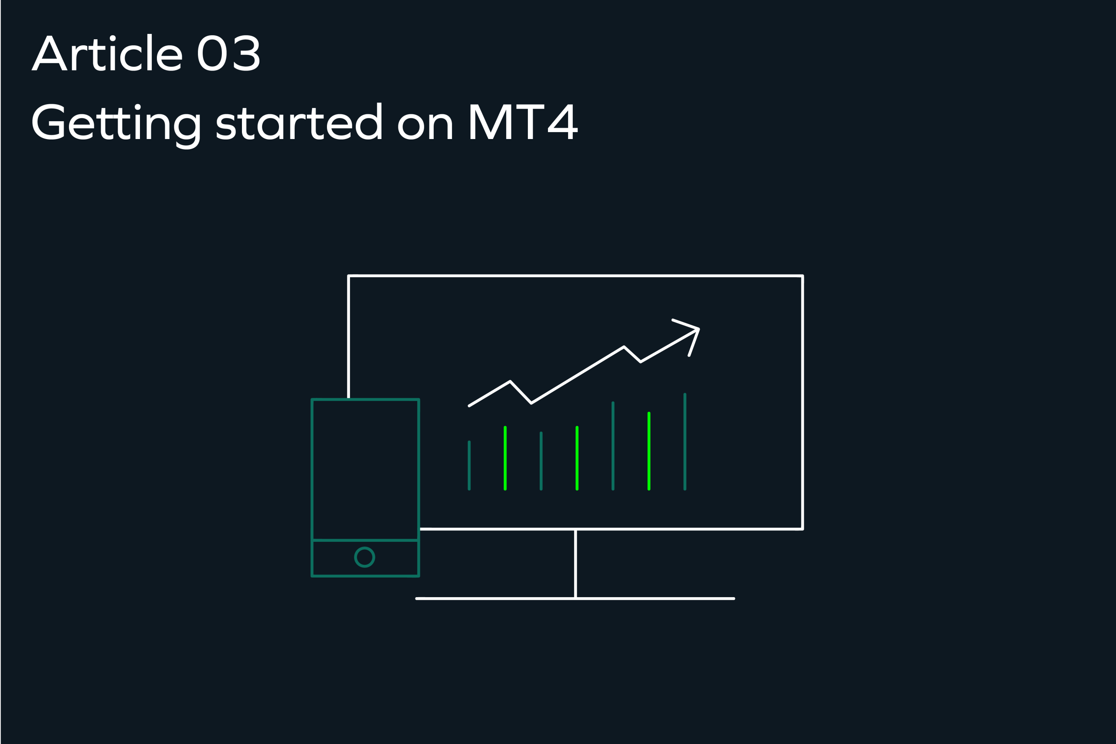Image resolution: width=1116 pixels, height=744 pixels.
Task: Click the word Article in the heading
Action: (107, 53)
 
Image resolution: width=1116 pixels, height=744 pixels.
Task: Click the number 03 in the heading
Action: (228, 53)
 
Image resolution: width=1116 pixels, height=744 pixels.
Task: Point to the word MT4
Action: (524, 122)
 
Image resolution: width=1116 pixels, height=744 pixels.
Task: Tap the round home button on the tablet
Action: (364, 557)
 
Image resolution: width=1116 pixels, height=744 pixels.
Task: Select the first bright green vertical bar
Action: (505, 459)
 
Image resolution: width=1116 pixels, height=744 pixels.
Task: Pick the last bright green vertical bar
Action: (649, 451)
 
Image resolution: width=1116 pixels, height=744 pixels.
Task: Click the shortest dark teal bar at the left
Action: (469, 465)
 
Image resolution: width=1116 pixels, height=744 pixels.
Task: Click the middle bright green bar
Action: (577, 459)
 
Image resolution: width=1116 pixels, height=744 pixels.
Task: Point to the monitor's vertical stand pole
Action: (575, 564)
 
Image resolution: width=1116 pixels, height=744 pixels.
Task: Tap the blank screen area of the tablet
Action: (365, 470)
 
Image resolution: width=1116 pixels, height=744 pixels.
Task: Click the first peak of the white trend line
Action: (510, 381)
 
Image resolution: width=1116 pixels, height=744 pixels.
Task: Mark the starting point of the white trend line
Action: (469, 406)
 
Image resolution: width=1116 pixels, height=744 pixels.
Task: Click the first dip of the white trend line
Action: (531, 403)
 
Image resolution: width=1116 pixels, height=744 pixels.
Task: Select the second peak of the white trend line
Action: (624, 347)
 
